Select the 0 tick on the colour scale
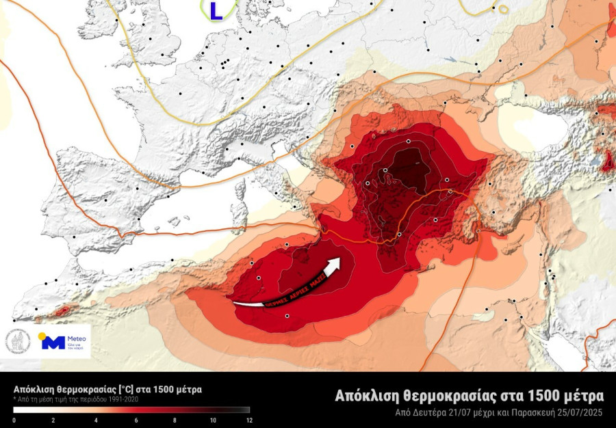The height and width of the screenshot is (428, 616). [14, 420]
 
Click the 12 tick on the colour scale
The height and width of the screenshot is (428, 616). [249, 420]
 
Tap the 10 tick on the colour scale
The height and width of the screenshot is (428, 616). [212, 420]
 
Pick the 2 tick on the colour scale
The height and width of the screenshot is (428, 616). [55, 420]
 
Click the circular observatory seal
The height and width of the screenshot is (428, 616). [18, 341]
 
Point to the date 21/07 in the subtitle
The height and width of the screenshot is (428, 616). [466, 412]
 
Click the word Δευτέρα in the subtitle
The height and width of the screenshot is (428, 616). [433, 412]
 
